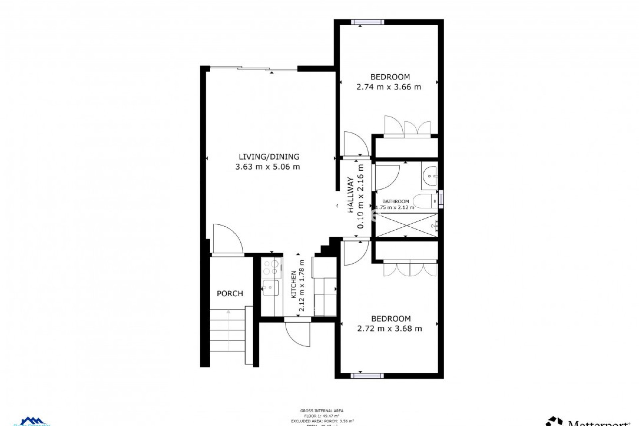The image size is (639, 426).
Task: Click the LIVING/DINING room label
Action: coord(269,157)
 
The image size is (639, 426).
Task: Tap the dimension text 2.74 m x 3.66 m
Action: coord(388,87)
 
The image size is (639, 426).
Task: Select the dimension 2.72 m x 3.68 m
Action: coord(389,329)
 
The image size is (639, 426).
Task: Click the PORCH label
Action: coord(230,294)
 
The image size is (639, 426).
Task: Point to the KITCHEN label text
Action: coord(294,284)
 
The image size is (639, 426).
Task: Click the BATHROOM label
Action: coord(395,201)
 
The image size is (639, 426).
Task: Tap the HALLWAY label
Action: coord(350,195)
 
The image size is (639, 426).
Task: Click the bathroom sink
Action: coord(430,175)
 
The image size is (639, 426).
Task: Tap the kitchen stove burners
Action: coord(271,268)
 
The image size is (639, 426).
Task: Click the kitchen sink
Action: coord(270,288)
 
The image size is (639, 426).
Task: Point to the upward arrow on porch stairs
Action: coord(228,312)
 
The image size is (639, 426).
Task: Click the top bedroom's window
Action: coord(367,22)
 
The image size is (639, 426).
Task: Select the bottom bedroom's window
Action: coord(367,376)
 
